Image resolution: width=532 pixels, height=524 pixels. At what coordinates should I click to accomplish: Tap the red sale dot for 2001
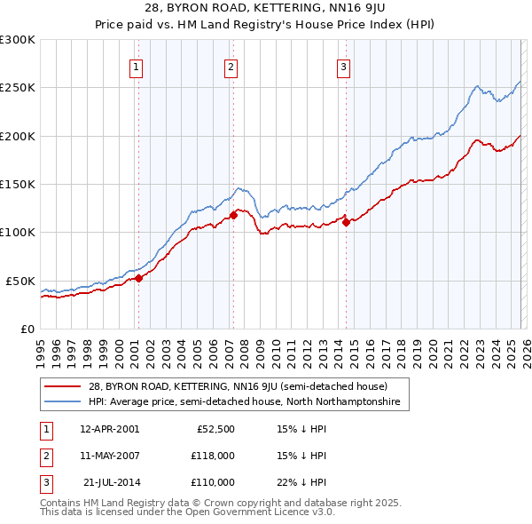(138, 278)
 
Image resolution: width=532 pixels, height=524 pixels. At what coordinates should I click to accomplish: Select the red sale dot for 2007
(233, 215)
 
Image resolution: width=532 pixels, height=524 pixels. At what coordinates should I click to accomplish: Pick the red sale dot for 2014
(346, 223)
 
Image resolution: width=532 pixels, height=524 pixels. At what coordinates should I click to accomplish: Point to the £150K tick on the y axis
(18, 184)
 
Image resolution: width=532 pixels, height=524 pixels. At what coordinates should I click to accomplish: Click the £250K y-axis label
(18, 88)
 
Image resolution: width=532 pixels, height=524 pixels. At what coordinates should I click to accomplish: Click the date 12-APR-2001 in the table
(109, 428)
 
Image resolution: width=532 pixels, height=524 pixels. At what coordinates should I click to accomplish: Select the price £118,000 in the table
(212, 456)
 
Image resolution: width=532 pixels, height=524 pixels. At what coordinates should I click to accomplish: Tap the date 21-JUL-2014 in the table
(110, 482)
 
